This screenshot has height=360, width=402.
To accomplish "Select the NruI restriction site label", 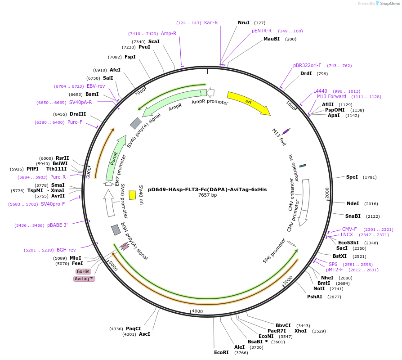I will (243, 22).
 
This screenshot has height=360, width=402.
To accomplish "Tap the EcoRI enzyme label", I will (221, 352).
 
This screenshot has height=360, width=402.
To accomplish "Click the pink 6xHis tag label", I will (83, 271).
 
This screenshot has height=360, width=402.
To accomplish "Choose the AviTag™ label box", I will (84, 279).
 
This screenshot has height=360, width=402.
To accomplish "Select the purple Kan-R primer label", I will (211, 22).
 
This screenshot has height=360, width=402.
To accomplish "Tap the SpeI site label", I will (352, 177).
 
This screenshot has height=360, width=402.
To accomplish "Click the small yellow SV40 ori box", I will (132, 195).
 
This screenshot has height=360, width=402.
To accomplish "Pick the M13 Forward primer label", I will (331, 96).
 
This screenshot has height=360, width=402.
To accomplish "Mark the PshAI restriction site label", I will (315, 297).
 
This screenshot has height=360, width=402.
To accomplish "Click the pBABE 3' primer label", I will (58, 225).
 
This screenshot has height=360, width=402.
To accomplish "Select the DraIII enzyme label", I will (78, 114).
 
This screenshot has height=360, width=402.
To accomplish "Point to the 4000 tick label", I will (197, 311).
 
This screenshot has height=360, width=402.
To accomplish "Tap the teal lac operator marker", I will (303, 166).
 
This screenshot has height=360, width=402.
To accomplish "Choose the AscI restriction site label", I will (144, 334).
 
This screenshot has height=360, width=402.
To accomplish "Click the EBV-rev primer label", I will (96, 86).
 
